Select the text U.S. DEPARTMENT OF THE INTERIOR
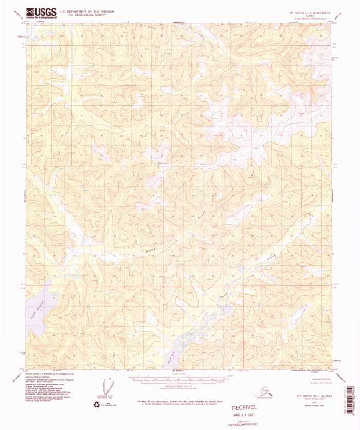(87, 11)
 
